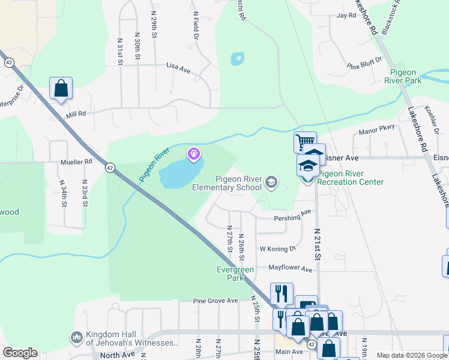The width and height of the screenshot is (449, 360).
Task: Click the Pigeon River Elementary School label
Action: (x=236, y=183)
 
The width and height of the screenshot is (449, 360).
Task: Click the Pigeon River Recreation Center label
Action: (x=350, y=178)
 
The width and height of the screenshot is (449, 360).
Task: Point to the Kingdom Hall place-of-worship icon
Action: (x=76, y=338)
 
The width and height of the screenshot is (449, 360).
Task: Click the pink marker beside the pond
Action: (x=193, y=155)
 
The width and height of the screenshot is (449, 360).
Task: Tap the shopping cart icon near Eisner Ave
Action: (x=304, y=143)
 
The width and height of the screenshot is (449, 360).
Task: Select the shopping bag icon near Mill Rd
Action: (x=61, y=88)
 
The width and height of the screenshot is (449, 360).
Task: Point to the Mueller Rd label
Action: (x=76, y=161)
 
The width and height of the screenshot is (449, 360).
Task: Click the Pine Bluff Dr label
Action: (x=365, y=64)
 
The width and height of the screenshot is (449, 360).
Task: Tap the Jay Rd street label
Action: (x=346, y=16)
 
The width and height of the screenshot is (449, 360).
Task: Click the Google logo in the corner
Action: (x=20, y=353)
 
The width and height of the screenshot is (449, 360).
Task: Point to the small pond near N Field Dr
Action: (x=237, y=59)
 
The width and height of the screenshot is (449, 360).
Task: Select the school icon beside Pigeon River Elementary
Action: (x=271, y=182)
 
